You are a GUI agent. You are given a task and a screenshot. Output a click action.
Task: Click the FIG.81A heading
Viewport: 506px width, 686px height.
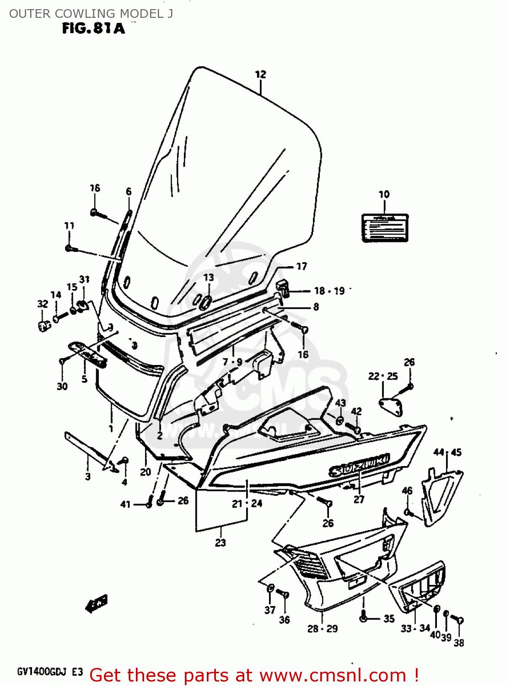pyautogui.click(x=93, y=29)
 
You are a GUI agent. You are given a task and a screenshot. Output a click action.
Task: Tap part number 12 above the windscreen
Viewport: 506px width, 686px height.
pyautogui.click(x=260, y=75)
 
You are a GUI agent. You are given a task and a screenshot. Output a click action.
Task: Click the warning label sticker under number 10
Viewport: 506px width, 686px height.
pyautogui.click(x=385, y=227)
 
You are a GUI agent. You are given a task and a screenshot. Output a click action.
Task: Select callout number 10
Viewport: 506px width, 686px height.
pyautogui.click(x=384, y=194)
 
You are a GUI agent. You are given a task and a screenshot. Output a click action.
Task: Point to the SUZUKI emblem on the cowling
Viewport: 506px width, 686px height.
pyautogui.click(x=359, y=466)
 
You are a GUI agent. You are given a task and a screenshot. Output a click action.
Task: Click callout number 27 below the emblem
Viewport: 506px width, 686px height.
pyautogui.click(x=359, y=499)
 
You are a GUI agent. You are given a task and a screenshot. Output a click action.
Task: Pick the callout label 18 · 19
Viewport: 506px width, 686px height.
pyautogui.click(x=329, y=291)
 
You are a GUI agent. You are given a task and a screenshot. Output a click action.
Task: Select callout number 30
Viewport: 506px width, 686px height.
pyautogui.click(x=62, y=386)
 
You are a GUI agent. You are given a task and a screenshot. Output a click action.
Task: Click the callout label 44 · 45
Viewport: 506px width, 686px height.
pyautogui.click(x=447, y=452)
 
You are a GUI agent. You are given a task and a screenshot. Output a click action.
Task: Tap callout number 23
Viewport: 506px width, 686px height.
pyautogui.click(x=221, y=543)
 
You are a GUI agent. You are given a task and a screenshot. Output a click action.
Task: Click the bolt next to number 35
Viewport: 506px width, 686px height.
pyautogui.click(x=363, y=617)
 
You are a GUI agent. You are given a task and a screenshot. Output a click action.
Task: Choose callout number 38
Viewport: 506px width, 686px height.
pyautogui.click(x=458, y=643)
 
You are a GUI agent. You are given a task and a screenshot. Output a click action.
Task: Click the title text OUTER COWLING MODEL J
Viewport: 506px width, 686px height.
pyautogui.click(x=91, y=14)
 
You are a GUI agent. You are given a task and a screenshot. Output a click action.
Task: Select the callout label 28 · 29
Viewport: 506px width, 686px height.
pyautogui.click(x=322, y=629)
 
